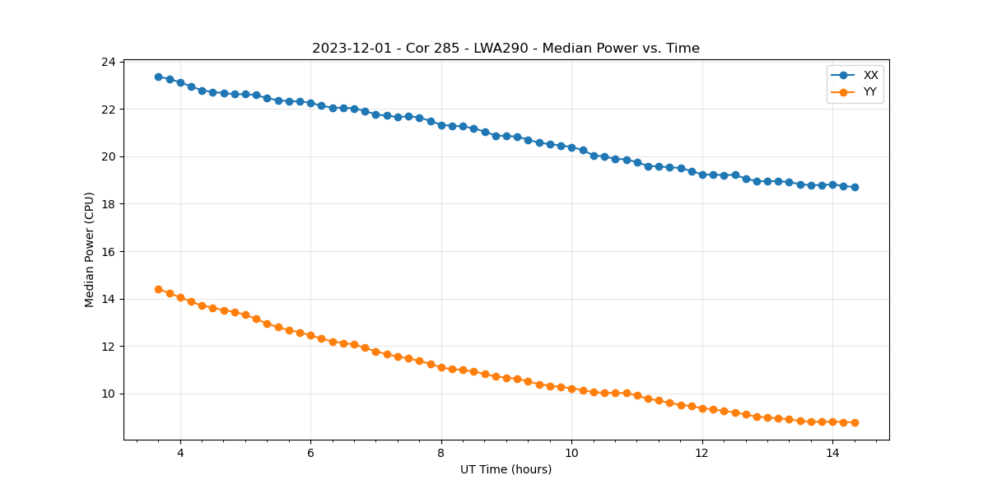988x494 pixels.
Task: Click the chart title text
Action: [x=506, y=49]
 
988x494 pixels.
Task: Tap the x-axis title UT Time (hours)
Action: [x=506, y=469]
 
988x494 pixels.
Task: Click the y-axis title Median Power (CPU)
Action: [x=90, y=249]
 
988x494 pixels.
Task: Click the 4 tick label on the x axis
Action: [x=180, y=453]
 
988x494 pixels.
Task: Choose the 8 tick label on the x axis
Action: [x=441, y=453]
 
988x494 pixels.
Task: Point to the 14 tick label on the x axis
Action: [x=832, y=453]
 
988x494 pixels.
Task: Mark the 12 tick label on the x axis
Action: [x=702, y=453]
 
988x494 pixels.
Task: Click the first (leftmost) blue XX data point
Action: [x=158, y=77]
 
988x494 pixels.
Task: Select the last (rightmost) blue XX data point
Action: [x=855, y=187]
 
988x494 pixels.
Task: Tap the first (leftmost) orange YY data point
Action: [x=158, y=289]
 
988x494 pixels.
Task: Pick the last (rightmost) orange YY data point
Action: [x=855, y=422]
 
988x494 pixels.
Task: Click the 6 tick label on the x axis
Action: [x=310, y=453]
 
